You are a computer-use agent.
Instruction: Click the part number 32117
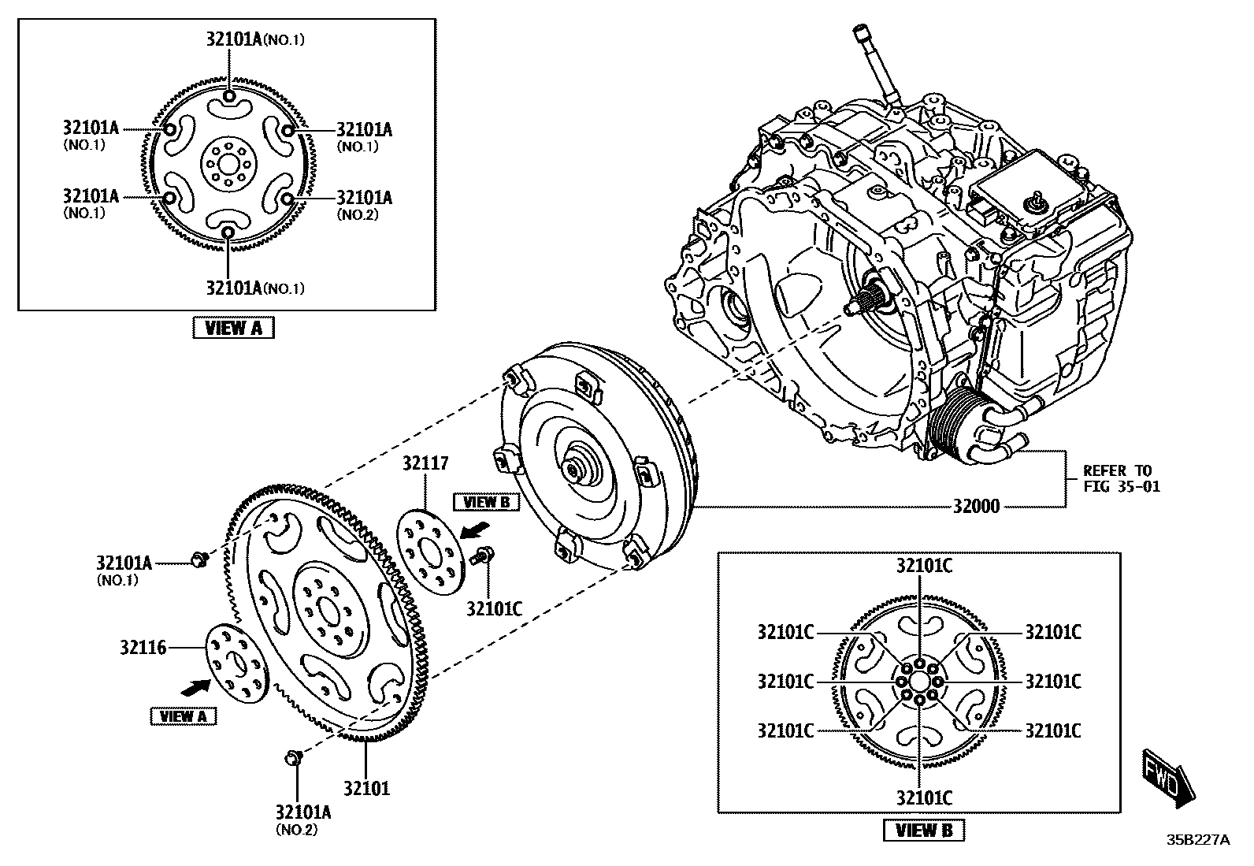[425, 463]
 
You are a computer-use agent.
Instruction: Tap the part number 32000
[976, 506]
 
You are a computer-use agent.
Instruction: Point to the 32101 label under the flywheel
[365, 787]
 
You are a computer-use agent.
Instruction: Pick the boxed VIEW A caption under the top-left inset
[233, 328]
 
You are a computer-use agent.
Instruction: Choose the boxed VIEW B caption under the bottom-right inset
[924, 830]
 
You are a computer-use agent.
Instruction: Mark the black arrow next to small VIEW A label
[196, 687]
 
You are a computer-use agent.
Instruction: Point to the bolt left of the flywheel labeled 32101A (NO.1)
[198, 560]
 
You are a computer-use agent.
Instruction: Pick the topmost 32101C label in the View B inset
[923, 565]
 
